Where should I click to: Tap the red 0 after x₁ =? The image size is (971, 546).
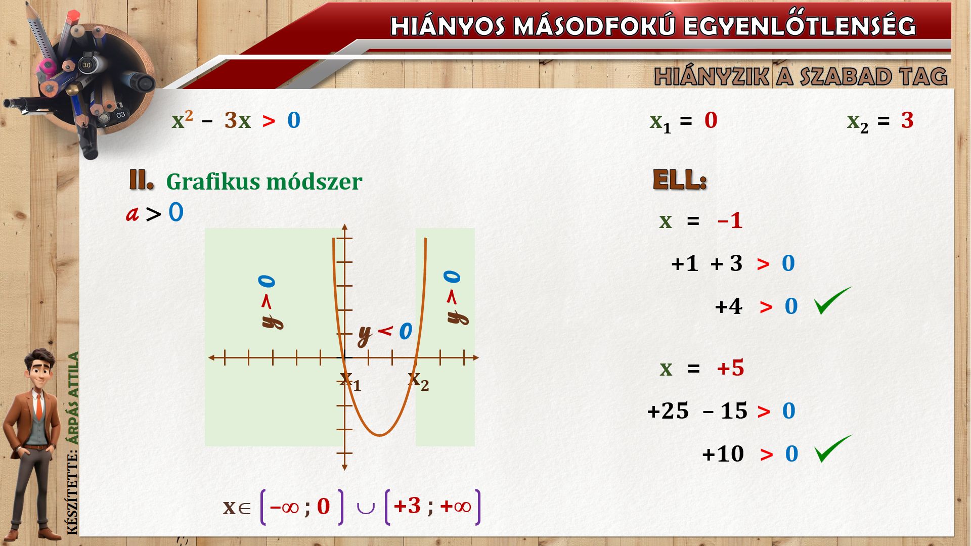[x=711, y=120]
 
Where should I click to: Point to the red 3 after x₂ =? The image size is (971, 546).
[x=907, y=120]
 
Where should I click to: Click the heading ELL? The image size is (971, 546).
[x=679, y=180]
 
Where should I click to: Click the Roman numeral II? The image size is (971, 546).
[x=141, y=180]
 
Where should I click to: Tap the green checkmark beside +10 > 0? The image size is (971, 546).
[x=833, y=448]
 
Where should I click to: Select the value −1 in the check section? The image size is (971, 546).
[x=730, y=220]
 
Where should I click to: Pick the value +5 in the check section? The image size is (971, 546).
[x=730, y=368]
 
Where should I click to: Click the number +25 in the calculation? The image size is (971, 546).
[x=668, y=411]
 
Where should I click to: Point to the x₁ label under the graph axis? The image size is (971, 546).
[x=350, y=381]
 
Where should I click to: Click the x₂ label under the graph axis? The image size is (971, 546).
[x=418, y=381]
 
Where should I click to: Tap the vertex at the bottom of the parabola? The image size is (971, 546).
[x=380, y=435]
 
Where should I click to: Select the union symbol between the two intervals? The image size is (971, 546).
[x=365, y=508]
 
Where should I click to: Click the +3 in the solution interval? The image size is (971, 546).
[x=407, y=506]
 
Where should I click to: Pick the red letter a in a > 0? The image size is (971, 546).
[x=132, y=214]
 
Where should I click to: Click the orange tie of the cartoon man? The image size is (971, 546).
[x=39, y=407]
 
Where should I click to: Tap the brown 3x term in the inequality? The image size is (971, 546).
[x=238, y=120]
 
